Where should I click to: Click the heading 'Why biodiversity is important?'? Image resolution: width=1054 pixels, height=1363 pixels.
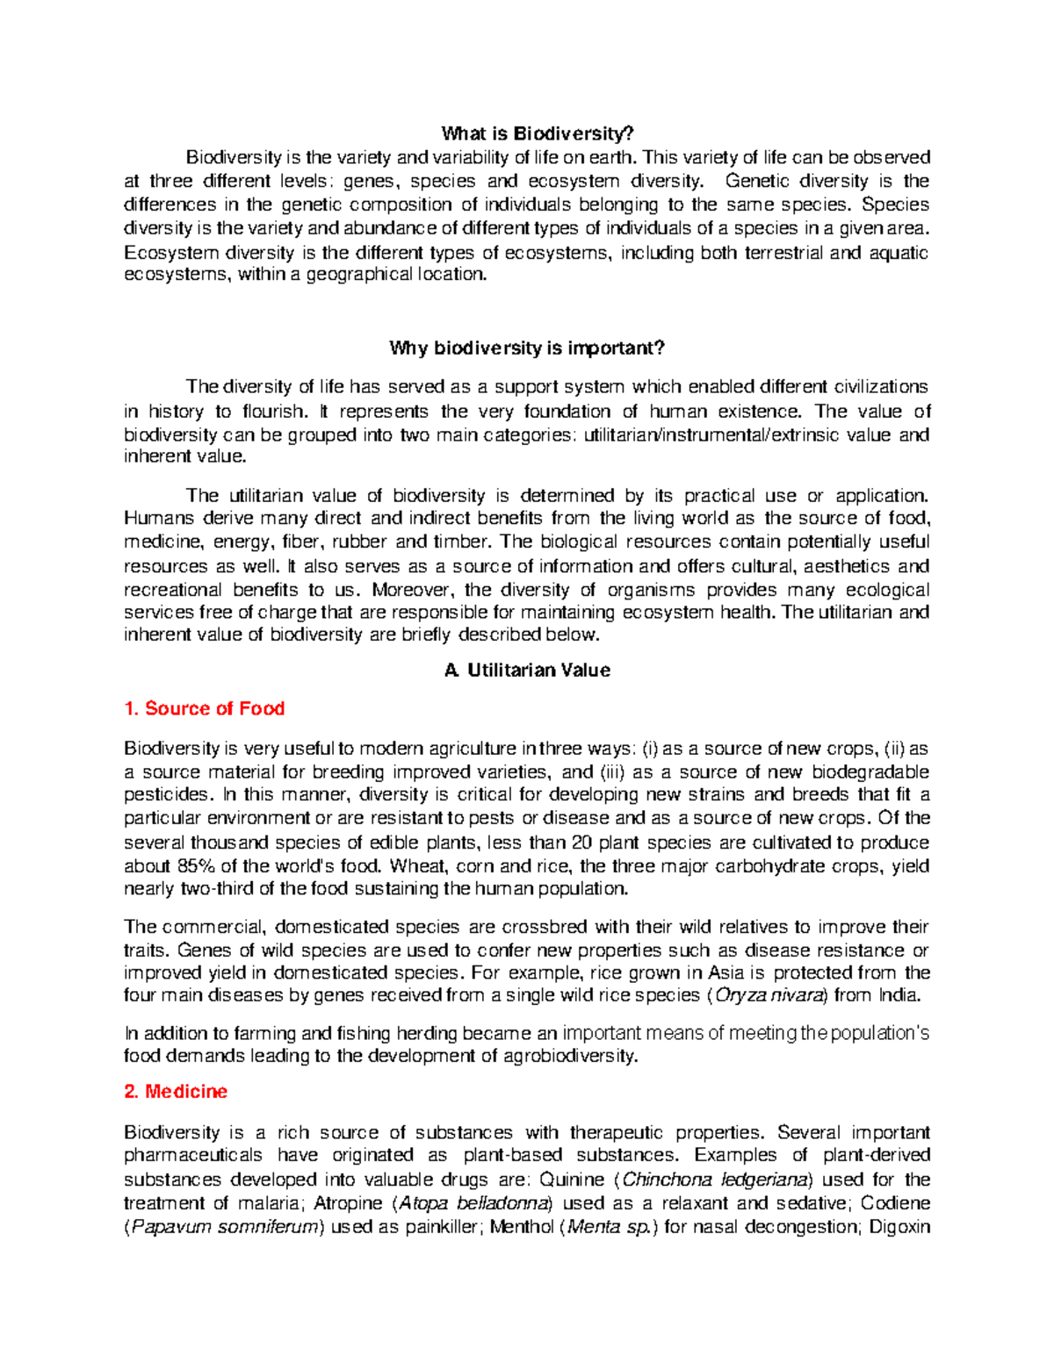pos(527,348)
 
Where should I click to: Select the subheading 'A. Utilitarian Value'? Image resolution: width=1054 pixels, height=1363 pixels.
pos(527,670)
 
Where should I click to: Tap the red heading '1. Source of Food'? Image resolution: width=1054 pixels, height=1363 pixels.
pos(204,708)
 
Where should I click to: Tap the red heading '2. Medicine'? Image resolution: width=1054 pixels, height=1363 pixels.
pos(176,1091)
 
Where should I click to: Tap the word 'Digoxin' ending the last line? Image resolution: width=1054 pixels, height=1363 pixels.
pos(899,1226)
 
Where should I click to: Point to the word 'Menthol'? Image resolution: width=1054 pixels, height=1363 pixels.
pos(521,1226)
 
